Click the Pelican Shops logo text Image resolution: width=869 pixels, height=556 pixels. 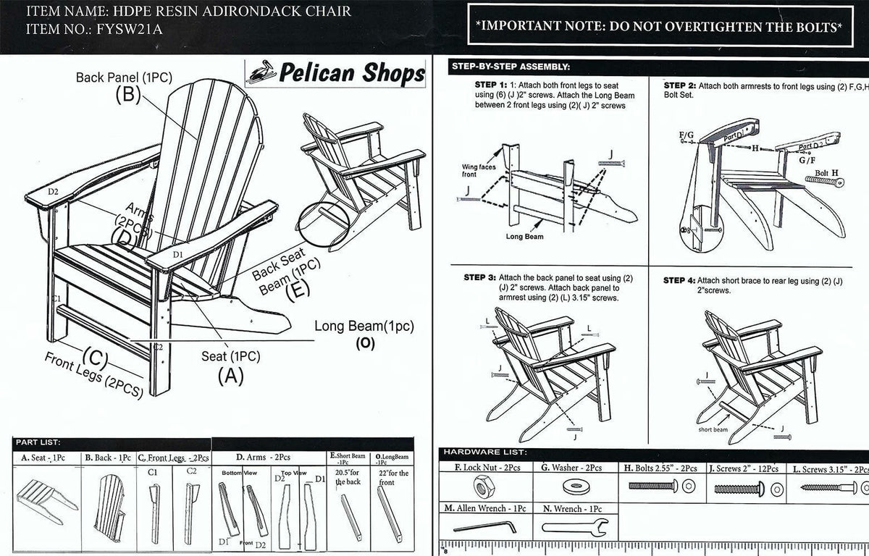pyautogui.click(x=351, y=73)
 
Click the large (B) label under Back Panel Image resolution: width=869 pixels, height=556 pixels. pyautogui.click(x=127, y=96)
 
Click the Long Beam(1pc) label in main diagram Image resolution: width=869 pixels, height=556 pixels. pyautogui.click(x=364, y=327)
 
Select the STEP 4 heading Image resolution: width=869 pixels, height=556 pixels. pyautogui.click(x=680, y=280)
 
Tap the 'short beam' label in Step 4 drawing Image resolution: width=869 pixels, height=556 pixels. pyautogui.click(x=713, y=429)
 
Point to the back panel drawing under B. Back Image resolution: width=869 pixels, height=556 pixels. pyautogui.click(x=114, y=500)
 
